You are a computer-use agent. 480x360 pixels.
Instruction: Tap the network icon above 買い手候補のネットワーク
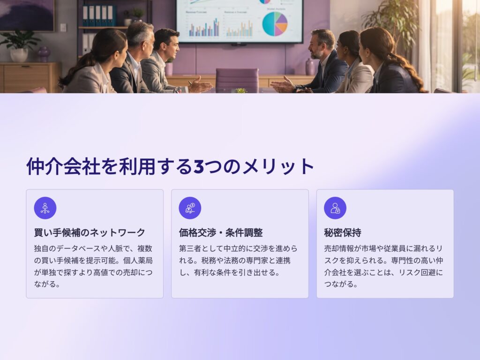tap(45, 208)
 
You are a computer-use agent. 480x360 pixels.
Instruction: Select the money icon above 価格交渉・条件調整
tap(190, 208)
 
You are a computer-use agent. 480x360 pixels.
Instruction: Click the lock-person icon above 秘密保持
tap(335, 208)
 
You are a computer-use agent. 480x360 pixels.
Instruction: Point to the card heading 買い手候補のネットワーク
tap(90, 232)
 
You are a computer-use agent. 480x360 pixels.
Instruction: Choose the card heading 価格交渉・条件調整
tap(221, 232)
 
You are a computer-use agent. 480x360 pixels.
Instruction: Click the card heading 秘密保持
tap(343, 232)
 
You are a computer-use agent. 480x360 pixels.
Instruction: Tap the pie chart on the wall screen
tap(275, 24)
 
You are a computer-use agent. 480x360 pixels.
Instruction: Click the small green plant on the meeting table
tap(240, 90)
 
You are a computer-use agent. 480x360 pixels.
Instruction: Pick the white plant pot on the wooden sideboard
tap(19, 55)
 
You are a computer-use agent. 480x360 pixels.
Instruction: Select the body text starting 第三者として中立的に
tap(238, 261)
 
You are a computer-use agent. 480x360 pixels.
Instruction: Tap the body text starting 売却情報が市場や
tap(383, 266)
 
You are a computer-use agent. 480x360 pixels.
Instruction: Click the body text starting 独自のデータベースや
tap(93, 266)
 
